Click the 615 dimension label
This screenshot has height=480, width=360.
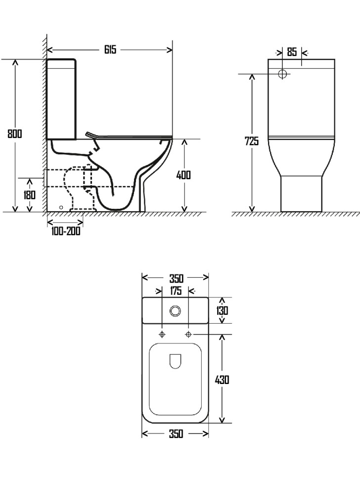point(110,50)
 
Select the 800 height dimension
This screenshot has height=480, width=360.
point(15,134)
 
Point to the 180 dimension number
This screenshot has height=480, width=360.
point(29,194)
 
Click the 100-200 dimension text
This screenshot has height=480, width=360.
point(66,231)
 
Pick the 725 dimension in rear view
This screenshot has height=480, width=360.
point(252,141)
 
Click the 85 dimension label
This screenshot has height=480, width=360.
point(292,52)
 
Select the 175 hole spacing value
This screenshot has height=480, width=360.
point(176,291)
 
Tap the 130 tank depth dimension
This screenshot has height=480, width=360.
point(222,310)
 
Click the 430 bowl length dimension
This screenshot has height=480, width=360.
point(222,380)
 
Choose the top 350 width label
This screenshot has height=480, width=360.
point(176,278)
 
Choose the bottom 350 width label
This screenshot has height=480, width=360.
point(176,434)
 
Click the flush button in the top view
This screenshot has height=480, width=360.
point(175,311)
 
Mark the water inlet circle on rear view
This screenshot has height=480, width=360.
point(283,74)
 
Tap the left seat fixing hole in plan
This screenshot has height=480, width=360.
point(162,335)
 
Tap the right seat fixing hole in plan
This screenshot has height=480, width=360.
point(188,335)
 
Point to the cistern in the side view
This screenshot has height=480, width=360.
point(61,99)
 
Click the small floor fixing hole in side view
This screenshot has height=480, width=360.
point(61,207)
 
